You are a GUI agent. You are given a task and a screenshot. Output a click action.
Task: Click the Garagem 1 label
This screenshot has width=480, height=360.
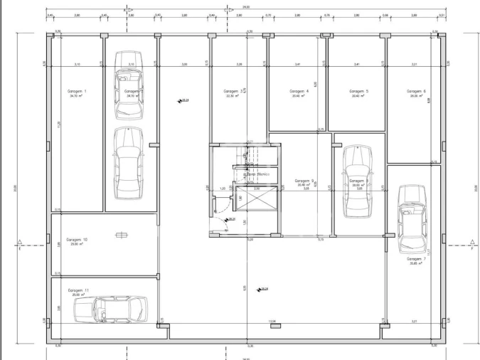(77, 92)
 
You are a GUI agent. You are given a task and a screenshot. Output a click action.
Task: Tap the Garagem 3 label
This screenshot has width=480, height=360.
(230, 92)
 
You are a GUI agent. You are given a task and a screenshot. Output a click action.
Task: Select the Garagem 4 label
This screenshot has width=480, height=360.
(298, 92)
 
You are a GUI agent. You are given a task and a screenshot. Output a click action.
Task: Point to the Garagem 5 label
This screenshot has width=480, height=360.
(357, 92)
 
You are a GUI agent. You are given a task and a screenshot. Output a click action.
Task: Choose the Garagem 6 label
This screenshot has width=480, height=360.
(416, 92)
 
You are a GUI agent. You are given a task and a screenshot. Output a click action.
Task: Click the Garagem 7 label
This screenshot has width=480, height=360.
(416, 259)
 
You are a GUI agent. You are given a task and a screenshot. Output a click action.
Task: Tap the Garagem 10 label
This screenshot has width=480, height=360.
(77, 240)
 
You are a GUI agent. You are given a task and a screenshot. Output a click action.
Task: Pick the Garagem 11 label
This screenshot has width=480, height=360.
(78, 291)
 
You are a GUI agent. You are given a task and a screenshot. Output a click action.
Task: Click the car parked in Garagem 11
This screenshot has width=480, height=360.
(112, 309)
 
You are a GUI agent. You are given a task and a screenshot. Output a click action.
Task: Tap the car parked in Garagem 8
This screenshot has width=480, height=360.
(356, 181)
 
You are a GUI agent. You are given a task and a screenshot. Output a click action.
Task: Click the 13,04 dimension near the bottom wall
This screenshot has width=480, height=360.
(272, 322)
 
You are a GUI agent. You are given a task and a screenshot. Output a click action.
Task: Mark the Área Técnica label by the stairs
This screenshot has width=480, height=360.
(257, 173)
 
